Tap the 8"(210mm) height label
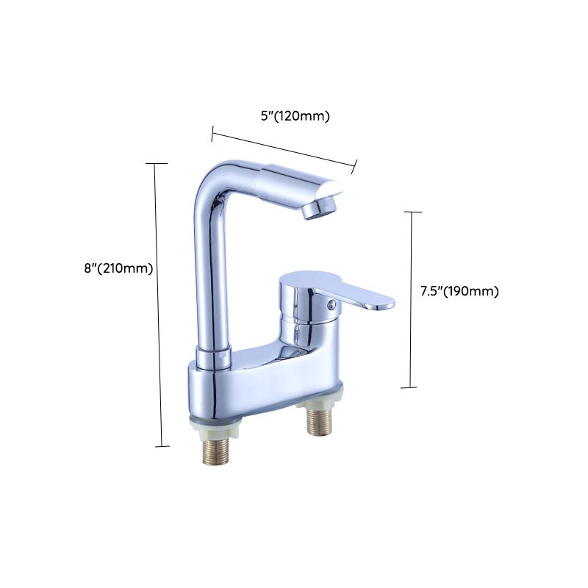pyautogui.click(x=118, y=268)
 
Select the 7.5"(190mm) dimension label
pyautogui.click(x=459, y=291)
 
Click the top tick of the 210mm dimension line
pyautogui.click(x=156, y=163)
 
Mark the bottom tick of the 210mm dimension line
pyautogui.click(x=161, y=445)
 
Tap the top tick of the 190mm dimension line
pyautogui.click(x=413, y=212)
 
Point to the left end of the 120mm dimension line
pyautogui.click(x=212, y=133)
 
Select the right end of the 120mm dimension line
pyautogui.click(x=355, y=167)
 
